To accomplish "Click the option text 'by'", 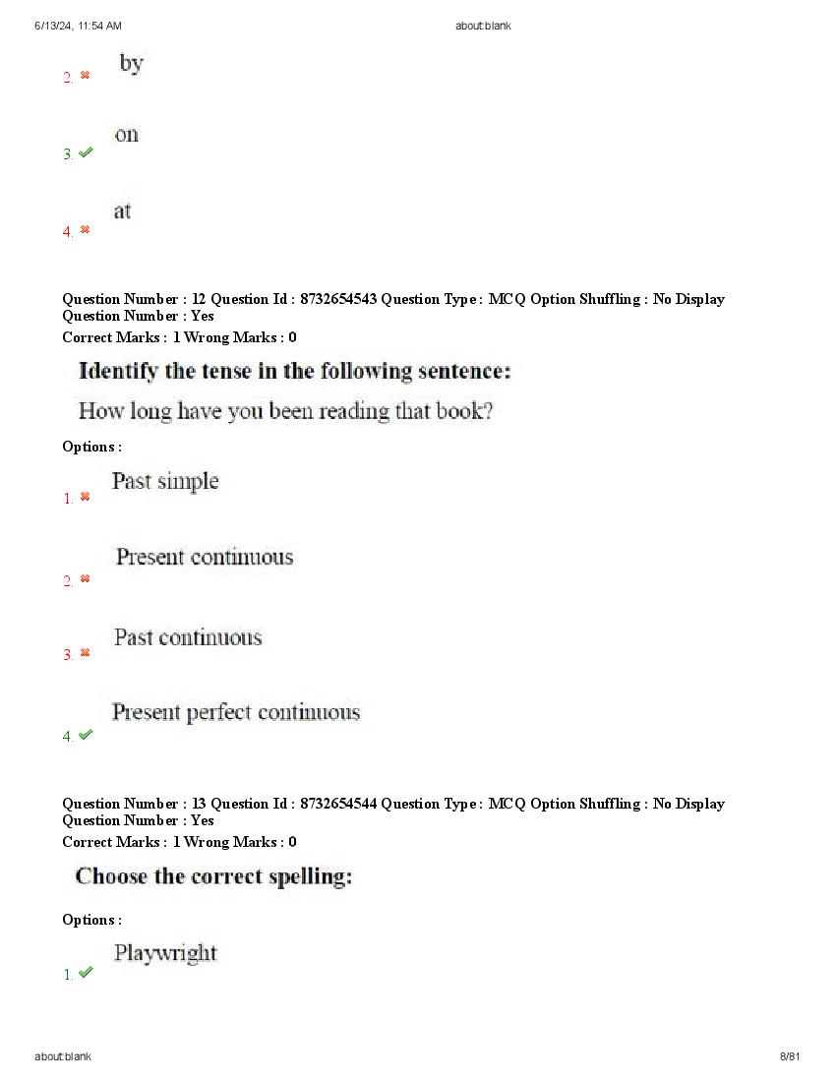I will click(x=132, y=64).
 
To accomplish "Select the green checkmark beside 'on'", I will click(x=86, y=152).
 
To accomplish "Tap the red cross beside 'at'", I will click(x=85, y=229).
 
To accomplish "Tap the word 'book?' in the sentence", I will click(x=464, y=411).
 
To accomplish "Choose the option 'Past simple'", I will click(x=165, y=481).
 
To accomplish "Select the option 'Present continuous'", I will click(x=205, y=557).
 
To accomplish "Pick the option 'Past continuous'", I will click(x=188, y=637).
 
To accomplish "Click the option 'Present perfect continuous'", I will click(x=236, y=712).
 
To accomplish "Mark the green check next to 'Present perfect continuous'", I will click(x=86, y=735).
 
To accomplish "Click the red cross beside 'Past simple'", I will click(x=85, y=497).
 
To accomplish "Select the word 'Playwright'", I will click(x=165, y=953).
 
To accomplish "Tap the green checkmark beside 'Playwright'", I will click(x=86, y=972).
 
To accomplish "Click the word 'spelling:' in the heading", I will click(x=309, y=876).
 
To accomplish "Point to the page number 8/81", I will click(x=790, y=1056).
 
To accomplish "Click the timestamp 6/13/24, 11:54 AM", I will click(x=78, y=26).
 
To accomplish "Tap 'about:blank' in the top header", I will click(x=483, y=26).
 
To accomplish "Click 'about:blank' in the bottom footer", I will click(x=63, y=1056).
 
